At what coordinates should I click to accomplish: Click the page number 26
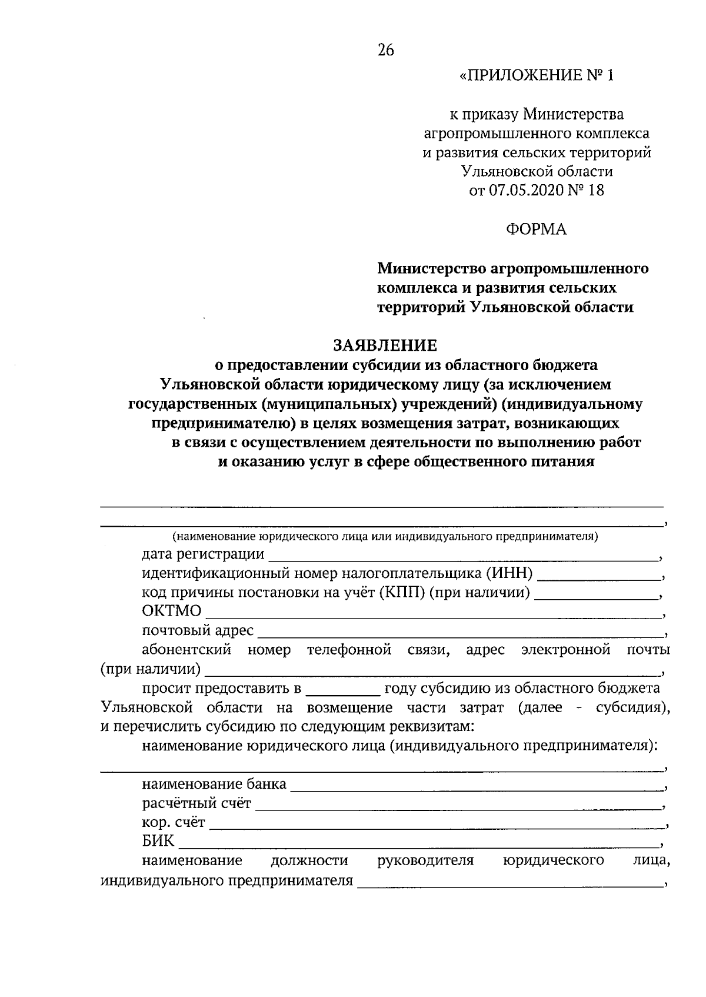coord(385,51)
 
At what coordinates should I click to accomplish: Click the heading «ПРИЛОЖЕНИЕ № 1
coord(536,75)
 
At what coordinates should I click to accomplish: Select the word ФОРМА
coord(536,230)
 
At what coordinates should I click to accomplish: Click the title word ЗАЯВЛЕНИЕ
coord(385,344)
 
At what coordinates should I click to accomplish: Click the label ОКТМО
coord(171,612)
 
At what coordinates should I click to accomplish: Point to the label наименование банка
coord(214,785)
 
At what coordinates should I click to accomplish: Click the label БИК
coord(158,842)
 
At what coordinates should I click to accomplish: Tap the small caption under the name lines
coord(385,537)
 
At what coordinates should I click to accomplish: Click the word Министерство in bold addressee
coord(432,269)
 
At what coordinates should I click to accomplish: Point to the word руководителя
coord(425,861)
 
